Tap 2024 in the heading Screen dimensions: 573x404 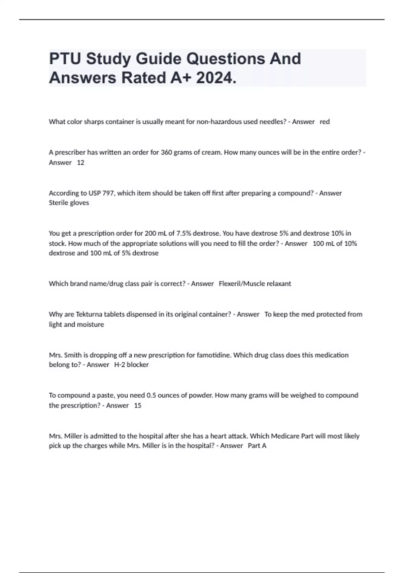215,78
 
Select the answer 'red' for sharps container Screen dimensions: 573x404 325,122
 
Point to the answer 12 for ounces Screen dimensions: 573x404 80,162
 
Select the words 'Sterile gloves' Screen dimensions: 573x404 69,203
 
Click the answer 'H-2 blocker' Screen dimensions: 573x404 131,364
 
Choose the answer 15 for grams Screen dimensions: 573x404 138,405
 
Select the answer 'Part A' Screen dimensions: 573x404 257,446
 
